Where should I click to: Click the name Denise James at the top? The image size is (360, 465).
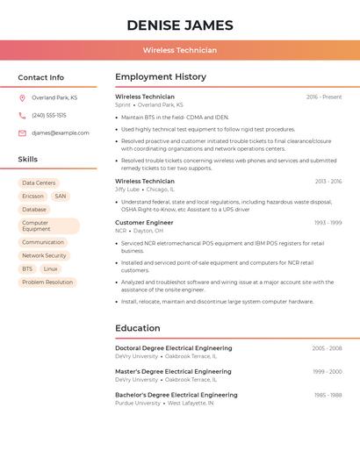point(180,25)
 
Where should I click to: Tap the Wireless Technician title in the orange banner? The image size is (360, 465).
point(180,50)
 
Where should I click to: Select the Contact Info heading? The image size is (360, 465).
point(40,77)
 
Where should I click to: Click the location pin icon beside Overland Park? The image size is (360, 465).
point(22,97)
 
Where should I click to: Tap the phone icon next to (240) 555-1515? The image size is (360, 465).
point(22,115)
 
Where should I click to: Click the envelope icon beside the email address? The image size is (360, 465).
point(22,132)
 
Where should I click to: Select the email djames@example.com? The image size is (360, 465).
point(61,132)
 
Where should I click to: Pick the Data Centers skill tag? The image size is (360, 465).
point(39,183)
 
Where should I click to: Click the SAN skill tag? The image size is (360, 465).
point(60,197)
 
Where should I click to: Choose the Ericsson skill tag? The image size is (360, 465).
point(32,197)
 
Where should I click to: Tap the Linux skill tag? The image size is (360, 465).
point(50,268)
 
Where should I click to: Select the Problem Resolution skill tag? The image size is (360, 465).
point(47,282)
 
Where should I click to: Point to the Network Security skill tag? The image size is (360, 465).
point(44,255)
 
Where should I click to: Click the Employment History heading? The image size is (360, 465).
point(161,77)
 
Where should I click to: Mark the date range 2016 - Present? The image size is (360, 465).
point(324,97)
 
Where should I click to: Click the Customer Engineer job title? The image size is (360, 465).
point(144,223)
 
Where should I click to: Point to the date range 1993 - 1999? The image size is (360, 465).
point(328,223)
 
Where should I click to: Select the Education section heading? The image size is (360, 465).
point(138,328)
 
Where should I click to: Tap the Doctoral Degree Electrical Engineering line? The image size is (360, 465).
point(174,348)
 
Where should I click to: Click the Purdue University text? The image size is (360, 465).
point(138,403)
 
